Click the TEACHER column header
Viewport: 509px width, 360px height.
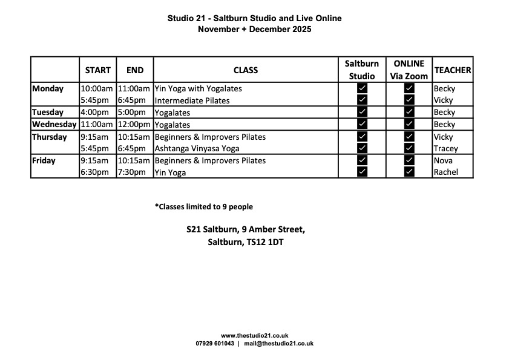[x=453, y=70]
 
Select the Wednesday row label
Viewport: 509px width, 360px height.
[x=54, y=124]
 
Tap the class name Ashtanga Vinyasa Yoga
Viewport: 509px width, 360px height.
[x=197, y=148]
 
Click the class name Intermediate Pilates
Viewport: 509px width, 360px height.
[x=192, y=100]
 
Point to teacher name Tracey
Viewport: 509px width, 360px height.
[x=445, y=148]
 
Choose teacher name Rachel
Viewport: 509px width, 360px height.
[x=445, y=172]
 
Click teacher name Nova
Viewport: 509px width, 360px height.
[x=443, y=160]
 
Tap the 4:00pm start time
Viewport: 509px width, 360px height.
[x=94, y=113]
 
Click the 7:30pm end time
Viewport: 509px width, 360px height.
[x=131, y=172]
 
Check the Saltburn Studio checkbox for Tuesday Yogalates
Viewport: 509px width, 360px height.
[x=362, y=112]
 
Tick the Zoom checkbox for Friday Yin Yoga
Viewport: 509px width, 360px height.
[x=409, y=172]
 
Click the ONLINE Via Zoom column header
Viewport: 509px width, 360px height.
[x=409, y=70]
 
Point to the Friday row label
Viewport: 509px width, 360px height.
[x=44, y=160]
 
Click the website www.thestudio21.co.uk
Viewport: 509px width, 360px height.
[x=254, y=335]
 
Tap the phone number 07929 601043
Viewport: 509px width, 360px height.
[x=215, y=343]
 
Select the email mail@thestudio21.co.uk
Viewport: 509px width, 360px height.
[x=278, y=343]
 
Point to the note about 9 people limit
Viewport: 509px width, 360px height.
[x=203, y=207]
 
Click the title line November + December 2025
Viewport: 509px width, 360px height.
[x=254, y=29]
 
